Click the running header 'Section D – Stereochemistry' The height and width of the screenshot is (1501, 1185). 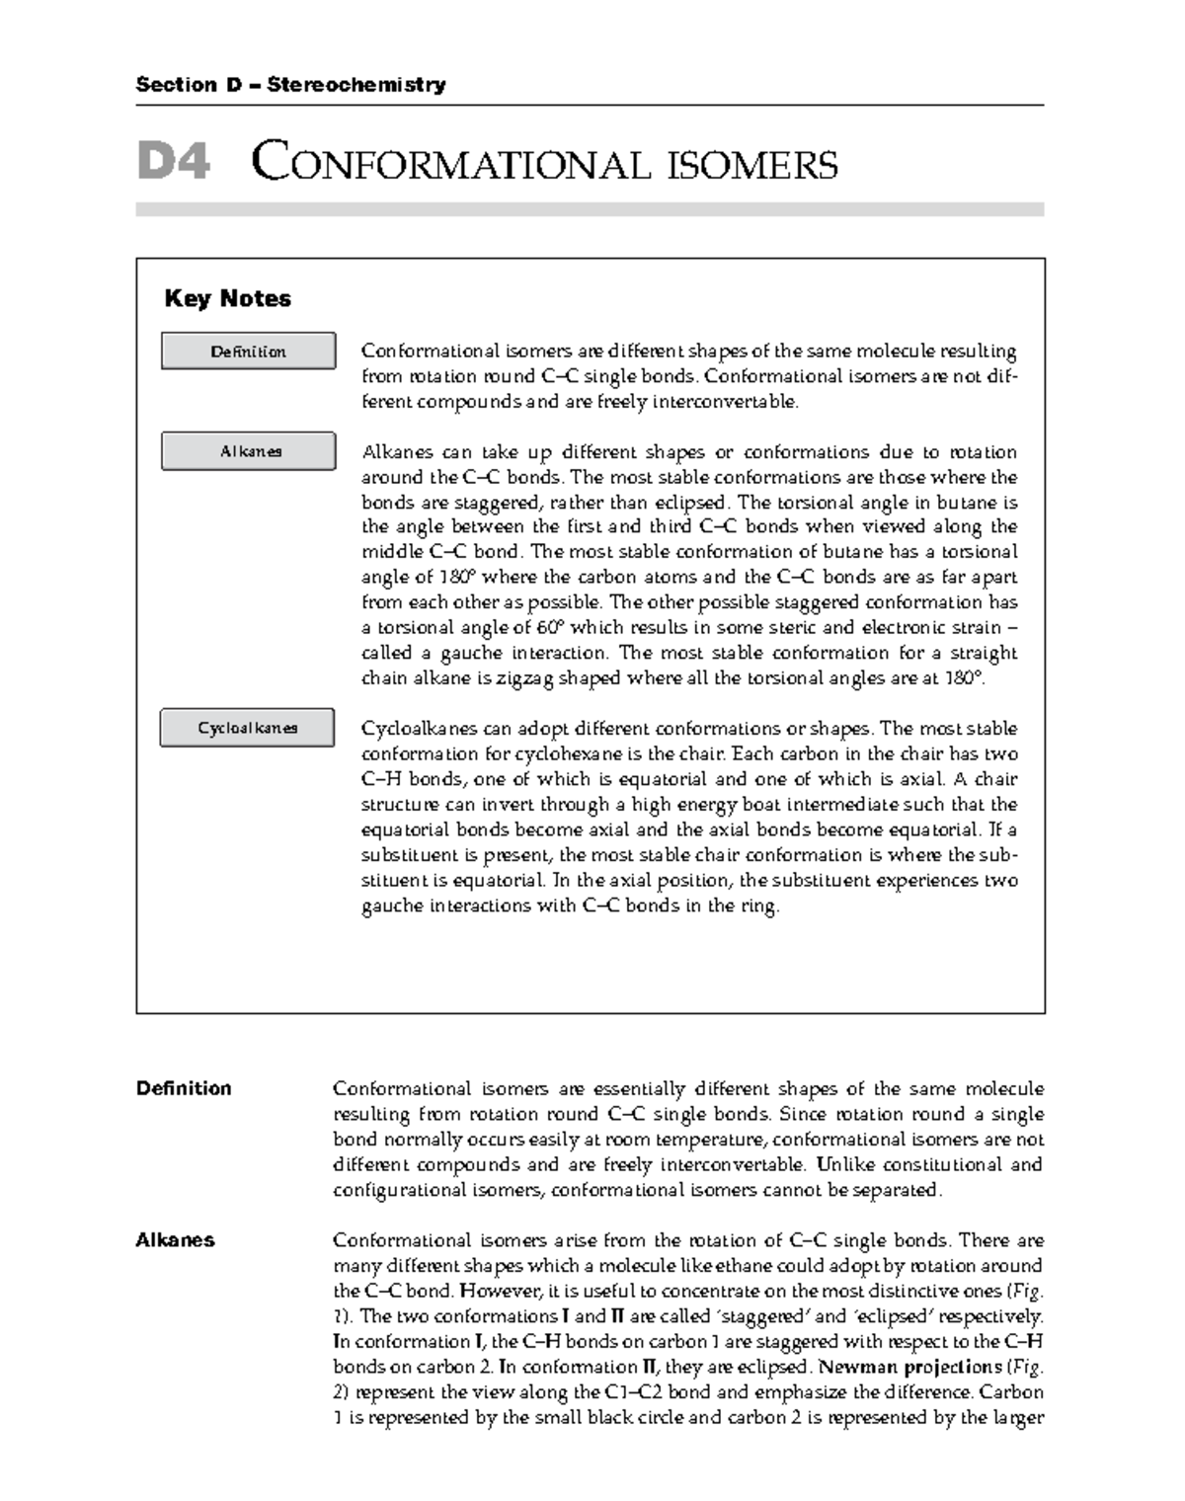click(x=290, y=85)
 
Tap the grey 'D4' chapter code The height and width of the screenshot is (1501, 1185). click(x=173, y=162)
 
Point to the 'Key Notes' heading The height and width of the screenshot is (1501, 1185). click(x=227, y=298)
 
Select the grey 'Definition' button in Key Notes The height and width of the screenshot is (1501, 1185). click(x=248, y=352)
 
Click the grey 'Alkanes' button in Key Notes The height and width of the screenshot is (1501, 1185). click(x=250, y=451)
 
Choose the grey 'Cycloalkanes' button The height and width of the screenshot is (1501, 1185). click(x=247, y=728)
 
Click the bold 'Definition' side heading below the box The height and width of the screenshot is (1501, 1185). click(x=184, y=1088)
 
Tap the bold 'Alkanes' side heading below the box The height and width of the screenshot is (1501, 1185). click(x=175, y=1240)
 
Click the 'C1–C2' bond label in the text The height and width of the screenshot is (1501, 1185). click(x=636, y=1392)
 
